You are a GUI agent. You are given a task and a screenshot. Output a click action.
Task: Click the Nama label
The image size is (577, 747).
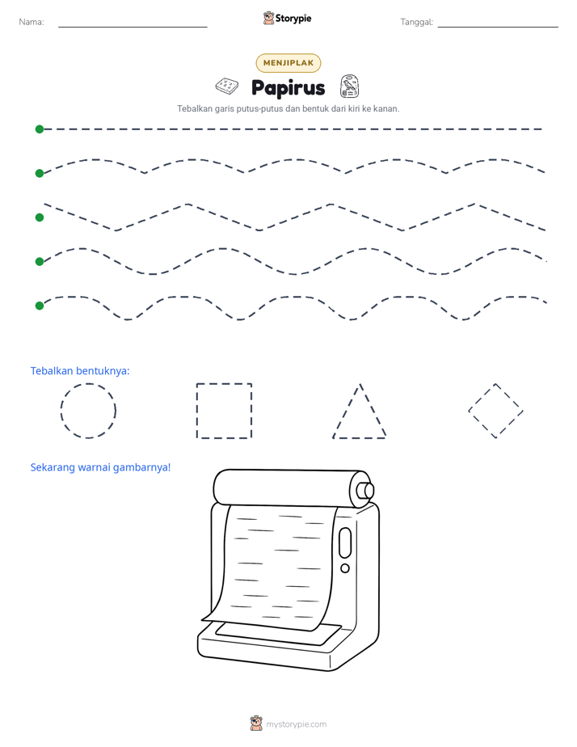[32, 22]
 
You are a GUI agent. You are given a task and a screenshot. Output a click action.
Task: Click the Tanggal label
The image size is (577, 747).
[416, 22]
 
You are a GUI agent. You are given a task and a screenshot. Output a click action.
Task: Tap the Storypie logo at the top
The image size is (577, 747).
[287, 18]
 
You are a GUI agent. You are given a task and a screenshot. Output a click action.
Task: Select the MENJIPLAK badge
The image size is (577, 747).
[288, 63]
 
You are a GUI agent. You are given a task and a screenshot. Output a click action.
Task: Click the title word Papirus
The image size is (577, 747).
[288, 88]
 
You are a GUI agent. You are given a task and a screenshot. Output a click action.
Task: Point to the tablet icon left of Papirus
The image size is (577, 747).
[227, 87]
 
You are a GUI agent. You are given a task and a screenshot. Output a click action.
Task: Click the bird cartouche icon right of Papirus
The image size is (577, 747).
[350, 87]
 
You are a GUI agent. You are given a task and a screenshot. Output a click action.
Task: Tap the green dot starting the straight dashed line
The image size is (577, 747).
[40, 129]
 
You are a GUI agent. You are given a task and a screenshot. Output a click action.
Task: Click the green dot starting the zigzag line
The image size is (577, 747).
[40, 217]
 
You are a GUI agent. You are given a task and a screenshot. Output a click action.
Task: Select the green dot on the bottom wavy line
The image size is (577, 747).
[40, 306]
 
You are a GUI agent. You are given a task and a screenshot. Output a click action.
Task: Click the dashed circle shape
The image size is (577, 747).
[61, 411]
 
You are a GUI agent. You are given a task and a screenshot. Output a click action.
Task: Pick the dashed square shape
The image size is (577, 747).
[196, 411]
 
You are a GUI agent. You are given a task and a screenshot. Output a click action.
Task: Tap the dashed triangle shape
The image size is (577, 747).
[346, 411]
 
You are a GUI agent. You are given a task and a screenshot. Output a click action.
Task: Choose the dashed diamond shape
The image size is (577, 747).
[482, 397]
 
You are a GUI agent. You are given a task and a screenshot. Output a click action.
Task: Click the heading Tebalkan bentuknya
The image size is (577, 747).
[80, 370]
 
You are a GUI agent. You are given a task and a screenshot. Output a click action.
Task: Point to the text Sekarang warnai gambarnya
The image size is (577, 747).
[100, 467]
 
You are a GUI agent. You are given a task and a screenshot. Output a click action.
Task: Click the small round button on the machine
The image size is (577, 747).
[345, 568]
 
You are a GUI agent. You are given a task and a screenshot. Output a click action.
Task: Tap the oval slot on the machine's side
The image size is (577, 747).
[345, 542]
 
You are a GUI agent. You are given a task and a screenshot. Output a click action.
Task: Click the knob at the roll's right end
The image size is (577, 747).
[365, 490]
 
